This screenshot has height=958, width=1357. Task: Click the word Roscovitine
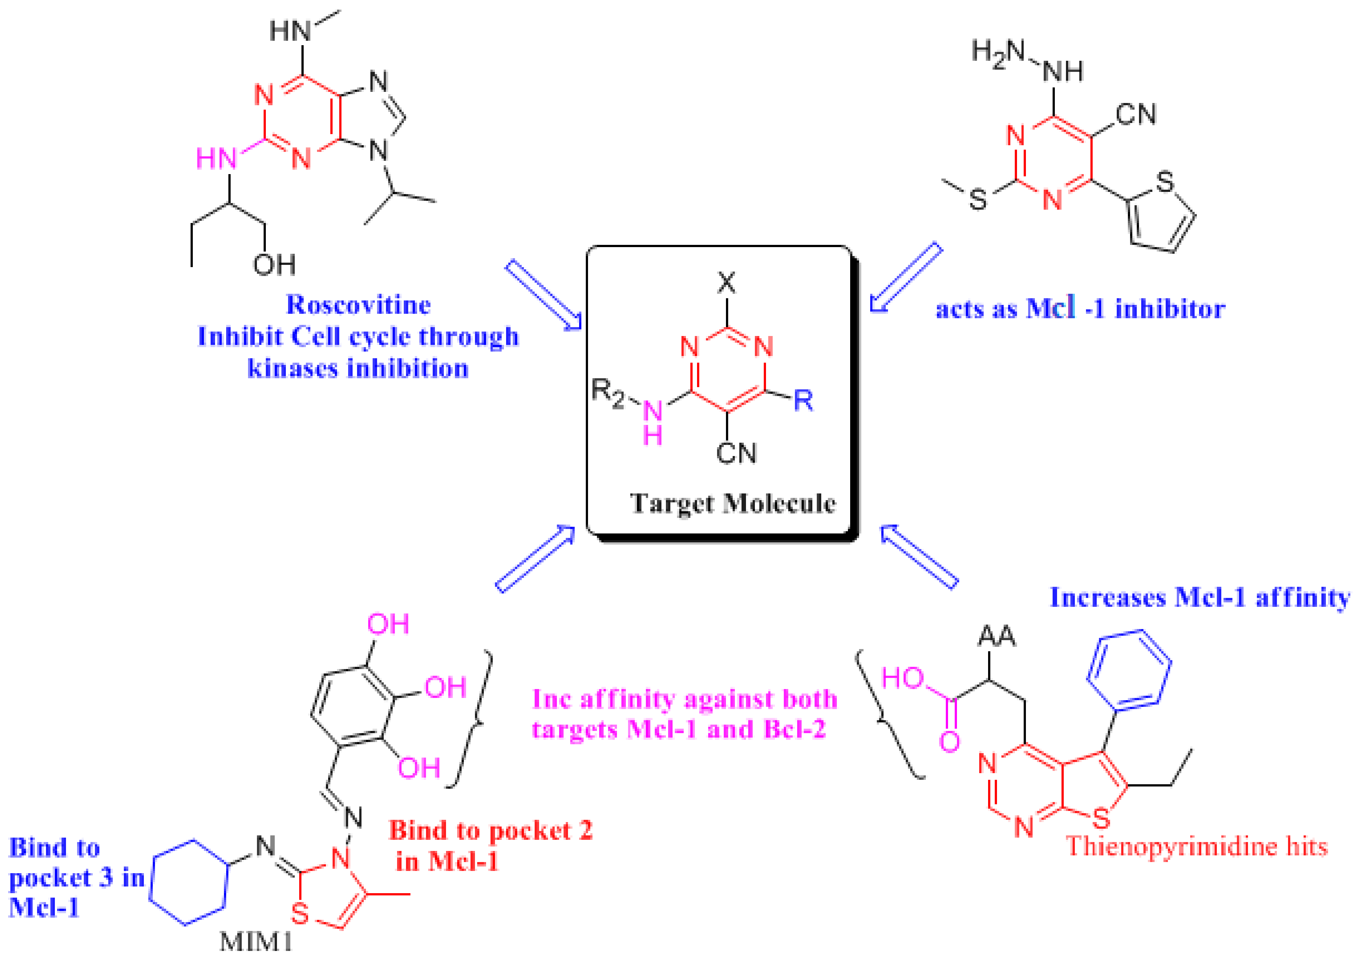(x=358, y=305)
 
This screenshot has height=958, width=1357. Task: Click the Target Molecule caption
(x=733, y=503)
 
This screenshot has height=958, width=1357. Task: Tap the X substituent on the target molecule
(x=727, y=283)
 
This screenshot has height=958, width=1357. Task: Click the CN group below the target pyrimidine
(x=736, y=453)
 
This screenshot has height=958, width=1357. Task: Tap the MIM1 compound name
(x=256, y=941)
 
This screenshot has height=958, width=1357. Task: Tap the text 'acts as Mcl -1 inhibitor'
(x=1080, y=309)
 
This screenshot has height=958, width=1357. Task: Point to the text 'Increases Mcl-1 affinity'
(x=1200, y=597)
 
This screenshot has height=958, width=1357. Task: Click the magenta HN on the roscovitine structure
(x=216, y=159)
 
